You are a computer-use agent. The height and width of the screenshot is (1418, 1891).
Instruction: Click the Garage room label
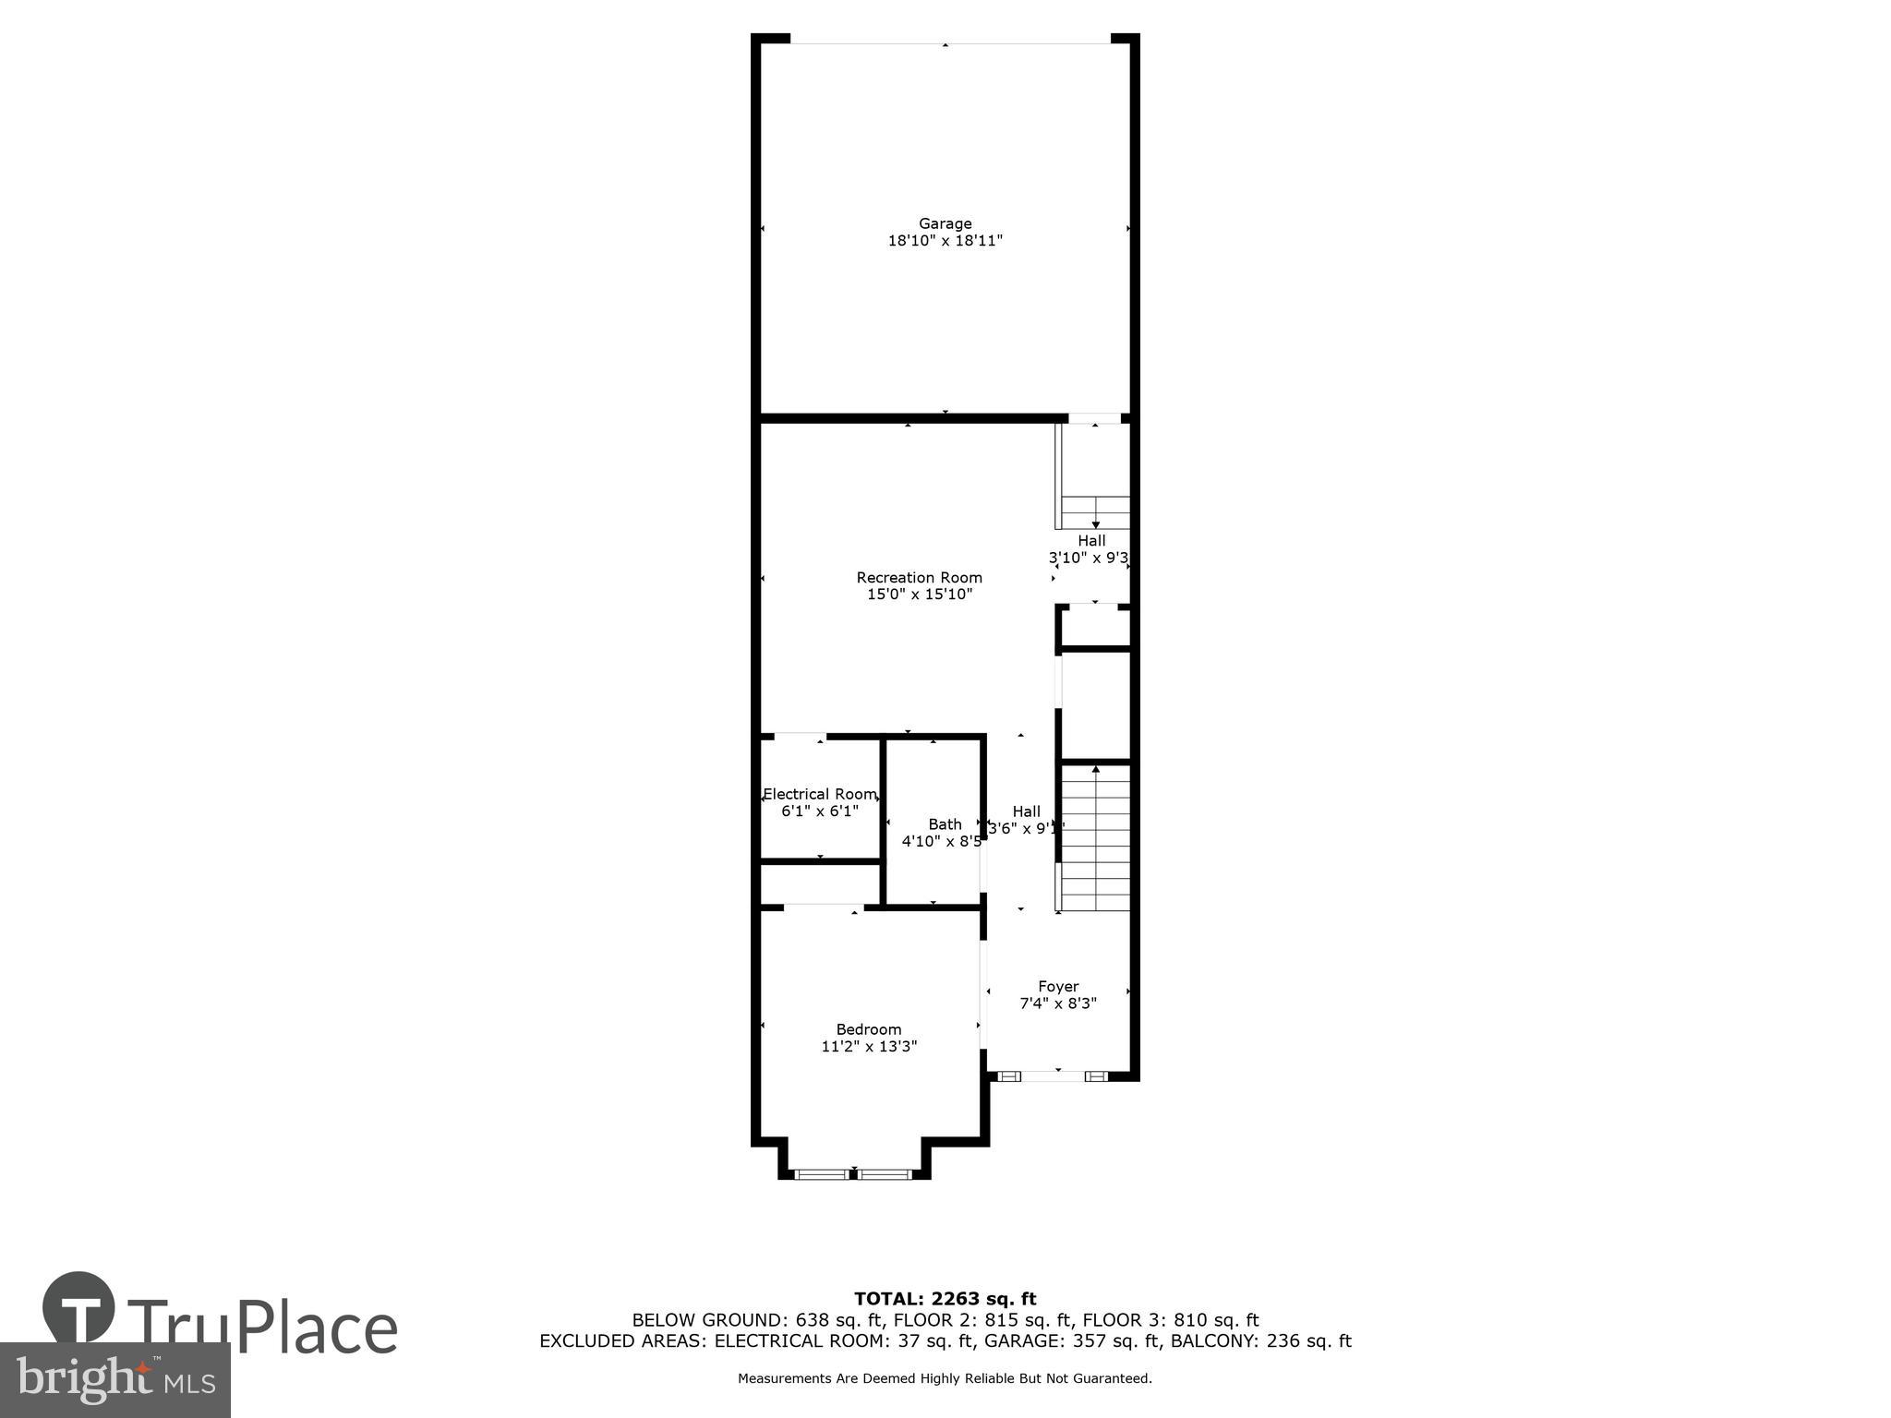point(945,223)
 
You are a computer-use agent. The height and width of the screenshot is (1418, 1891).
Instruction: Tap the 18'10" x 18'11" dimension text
point(945,241)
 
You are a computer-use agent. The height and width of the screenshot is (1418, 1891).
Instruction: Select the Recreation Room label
point(919,578)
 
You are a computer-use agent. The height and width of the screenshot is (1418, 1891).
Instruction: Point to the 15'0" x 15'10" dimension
point(919,595)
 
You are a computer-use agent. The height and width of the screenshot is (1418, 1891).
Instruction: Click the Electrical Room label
point(819,794)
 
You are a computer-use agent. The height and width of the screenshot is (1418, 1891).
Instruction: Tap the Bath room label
point(945,824)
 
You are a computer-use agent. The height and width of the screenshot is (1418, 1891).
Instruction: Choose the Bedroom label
point(868,1029)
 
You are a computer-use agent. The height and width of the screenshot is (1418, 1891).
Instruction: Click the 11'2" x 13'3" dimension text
point(868,1047)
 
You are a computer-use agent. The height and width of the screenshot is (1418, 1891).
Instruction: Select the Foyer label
point(1057,986)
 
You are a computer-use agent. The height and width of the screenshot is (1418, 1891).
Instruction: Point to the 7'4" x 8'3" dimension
point(1057,1003)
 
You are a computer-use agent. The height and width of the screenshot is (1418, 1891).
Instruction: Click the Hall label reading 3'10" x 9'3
point(1090,541)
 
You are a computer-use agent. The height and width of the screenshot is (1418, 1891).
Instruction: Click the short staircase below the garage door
point(1095,511)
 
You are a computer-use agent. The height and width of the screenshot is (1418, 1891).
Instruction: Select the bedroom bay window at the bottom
point(853,1174)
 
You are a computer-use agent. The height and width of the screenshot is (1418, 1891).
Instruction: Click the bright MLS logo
point(114,1380)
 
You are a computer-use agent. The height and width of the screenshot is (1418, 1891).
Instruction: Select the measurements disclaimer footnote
point(945,1378)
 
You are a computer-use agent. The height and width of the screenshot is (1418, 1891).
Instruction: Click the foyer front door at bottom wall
point(1053,1076)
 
